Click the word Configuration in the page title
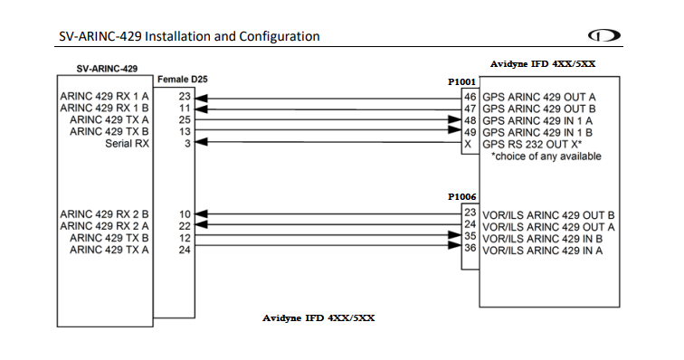278,37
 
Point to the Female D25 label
182,81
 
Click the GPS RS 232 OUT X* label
532,143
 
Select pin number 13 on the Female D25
185,131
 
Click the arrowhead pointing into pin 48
456,119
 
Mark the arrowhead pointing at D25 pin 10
204,213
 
